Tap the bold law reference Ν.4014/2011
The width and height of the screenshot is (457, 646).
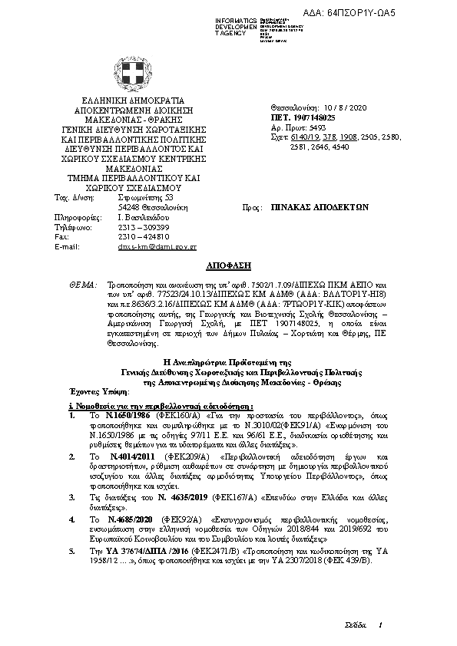(x=122, y=456)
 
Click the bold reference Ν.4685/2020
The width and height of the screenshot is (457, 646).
(x=122, y=519)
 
